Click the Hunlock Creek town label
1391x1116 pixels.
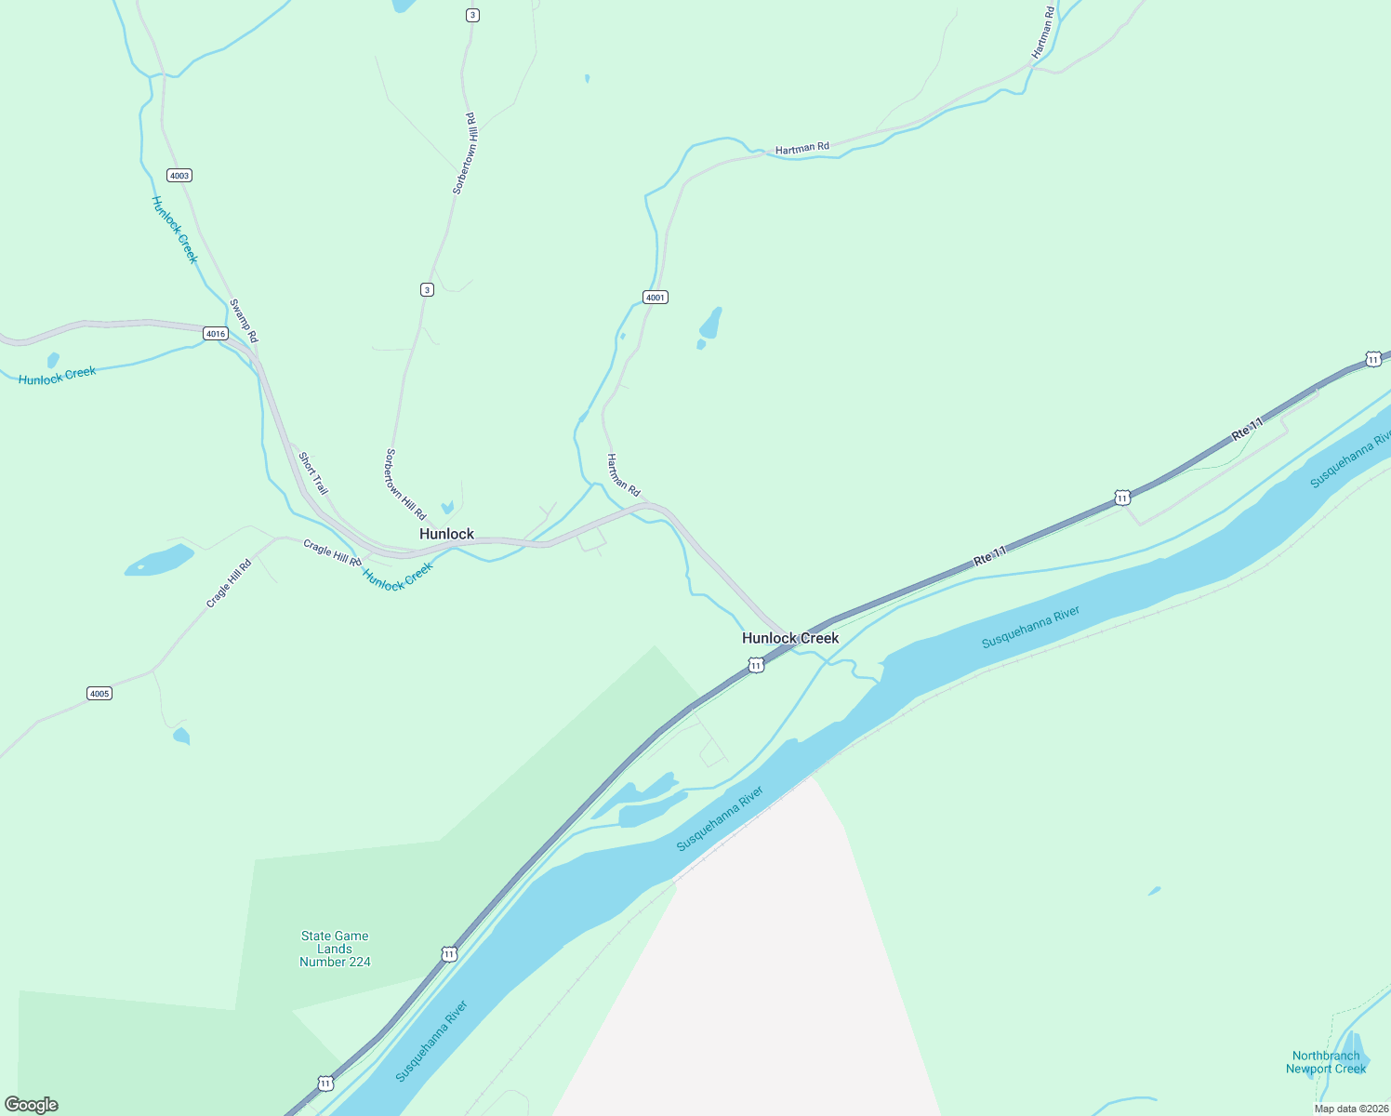tap(790, 638)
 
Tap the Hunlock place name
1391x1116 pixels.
tap(446, 534)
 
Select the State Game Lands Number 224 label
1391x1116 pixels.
tap(335, 949)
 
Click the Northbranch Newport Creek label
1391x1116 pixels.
tap(1325, 1062)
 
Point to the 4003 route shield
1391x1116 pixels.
tap(179, 176)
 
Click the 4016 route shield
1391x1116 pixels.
tap(216, 334)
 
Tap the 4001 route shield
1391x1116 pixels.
tap(656, 298)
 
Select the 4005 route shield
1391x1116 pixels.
tap(99, 694)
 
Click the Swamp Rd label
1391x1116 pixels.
tap(244, 321)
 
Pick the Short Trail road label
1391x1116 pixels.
tap(313, 473)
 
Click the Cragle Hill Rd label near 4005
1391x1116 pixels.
tap(229, 584)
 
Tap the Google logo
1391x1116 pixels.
tap(32, 1105)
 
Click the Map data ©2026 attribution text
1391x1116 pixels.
tap(1351, 1109)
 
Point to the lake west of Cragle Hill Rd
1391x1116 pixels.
tap(160, 561)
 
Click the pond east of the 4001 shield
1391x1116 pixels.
tap(710, 324)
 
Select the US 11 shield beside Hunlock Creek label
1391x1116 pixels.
tap(756, 666)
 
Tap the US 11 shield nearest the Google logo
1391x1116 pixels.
tap(325, 1083)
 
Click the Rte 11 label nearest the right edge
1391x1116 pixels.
tap(1248, 429)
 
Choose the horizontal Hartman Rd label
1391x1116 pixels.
tap(801, 148)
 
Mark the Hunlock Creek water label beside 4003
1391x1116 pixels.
tap(175, 230)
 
